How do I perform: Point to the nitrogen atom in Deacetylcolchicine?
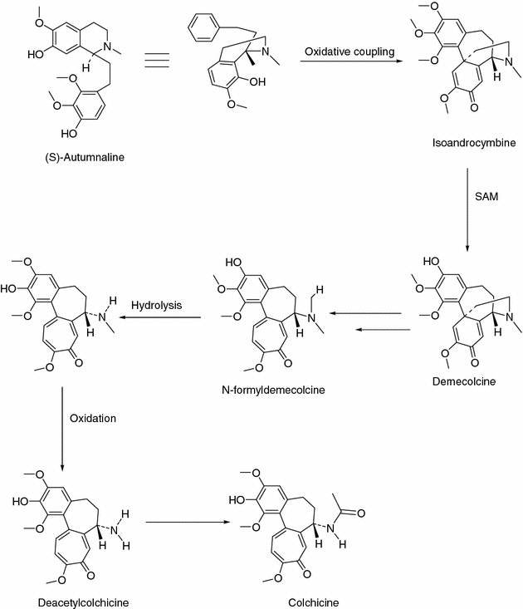118,522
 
